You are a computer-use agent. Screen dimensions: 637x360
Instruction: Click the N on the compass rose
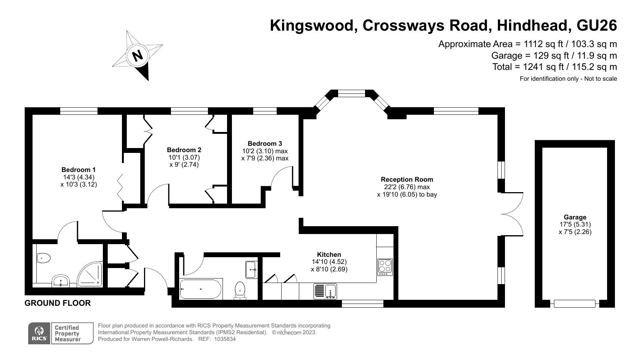coord(138,55)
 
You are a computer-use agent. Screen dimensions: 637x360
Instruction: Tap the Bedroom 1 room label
coord(79,170)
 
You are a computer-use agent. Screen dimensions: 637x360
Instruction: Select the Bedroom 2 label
coord(184,150)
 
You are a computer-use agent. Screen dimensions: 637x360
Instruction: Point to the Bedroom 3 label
coord(265,144)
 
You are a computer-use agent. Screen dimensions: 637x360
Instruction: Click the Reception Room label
coord(407,179)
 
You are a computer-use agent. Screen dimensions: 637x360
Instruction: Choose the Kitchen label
coord(329,254)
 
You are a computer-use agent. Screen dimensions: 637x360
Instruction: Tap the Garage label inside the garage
coord(575,217)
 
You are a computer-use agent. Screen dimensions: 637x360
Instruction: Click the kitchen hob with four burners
coord(385,267)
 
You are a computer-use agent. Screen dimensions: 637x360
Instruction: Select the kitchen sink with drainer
coord(325,291)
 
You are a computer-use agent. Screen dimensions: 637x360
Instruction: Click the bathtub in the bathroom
coord(201,289)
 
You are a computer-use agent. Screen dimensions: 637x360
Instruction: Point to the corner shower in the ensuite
coord(90,274)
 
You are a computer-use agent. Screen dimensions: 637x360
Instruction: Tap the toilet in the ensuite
coord(43,258)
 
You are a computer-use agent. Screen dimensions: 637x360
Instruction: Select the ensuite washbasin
coord(60,281)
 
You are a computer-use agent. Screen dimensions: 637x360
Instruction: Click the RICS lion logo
coord(39,333)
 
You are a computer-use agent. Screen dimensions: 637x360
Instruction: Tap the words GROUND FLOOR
coord(58,303)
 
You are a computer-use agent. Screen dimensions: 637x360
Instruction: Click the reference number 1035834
coord(225,339)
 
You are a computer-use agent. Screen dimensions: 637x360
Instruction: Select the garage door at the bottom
coord(575,304)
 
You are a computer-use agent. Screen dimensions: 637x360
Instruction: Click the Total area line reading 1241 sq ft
coord(555,67)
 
